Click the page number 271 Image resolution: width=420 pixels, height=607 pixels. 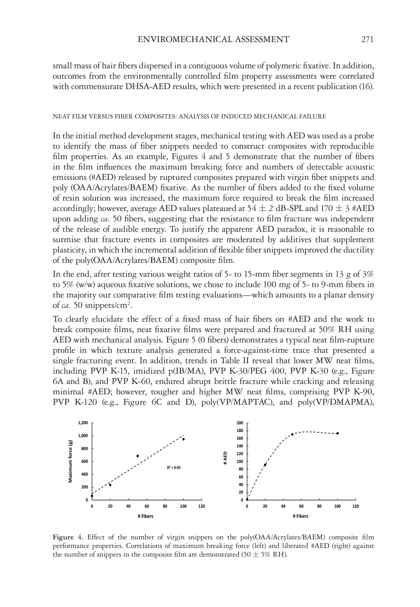367,40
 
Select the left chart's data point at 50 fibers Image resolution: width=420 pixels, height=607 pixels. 138,456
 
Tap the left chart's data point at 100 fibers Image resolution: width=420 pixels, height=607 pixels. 183,439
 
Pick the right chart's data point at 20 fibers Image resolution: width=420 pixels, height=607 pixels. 265,465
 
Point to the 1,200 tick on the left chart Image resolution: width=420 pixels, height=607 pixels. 83,423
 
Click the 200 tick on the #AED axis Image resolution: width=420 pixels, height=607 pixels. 240,423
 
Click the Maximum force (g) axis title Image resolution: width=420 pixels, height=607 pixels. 70,461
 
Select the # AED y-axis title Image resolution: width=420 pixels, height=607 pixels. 225,458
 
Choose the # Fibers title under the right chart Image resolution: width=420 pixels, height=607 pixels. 300,516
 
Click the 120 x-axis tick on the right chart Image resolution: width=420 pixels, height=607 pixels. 355,506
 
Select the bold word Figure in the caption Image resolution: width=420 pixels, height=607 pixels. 63,537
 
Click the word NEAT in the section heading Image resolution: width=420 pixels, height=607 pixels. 59,116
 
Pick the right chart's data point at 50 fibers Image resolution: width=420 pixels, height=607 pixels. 292,434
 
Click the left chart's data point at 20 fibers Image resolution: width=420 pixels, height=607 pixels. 110,485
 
